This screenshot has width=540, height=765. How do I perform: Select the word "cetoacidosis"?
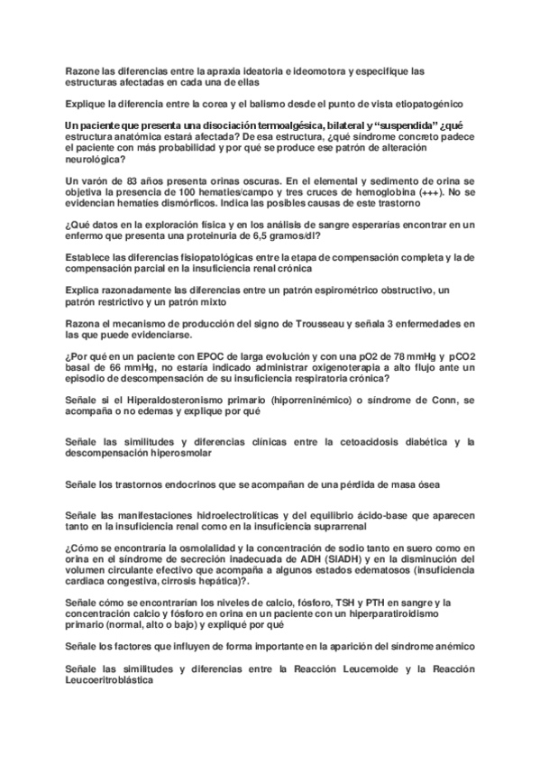tap(348, 441)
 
